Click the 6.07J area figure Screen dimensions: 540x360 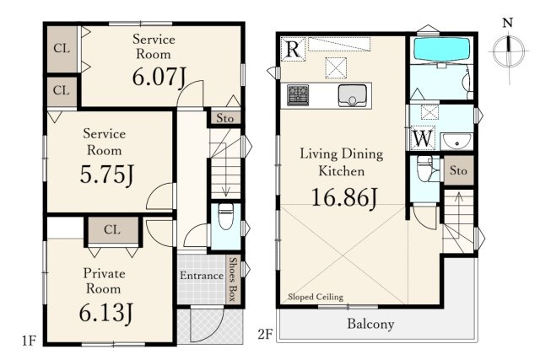point(159,77)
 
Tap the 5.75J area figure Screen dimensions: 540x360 point(107,175)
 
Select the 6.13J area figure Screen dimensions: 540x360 point(105,313)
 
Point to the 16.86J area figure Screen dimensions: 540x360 point(344,198)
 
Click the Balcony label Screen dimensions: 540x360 point(370,325)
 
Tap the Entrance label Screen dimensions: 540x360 point(202,276)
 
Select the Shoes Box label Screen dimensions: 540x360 point(234,279)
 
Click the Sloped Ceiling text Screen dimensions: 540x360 point(316,297)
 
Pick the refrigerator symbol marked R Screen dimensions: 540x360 point(293,49)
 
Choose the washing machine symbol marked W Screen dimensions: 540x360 point(423,138)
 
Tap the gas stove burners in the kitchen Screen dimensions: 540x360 point(298,95)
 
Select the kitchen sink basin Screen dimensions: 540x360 point(352,95)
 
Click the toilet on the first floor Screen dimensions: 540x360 point(226,216)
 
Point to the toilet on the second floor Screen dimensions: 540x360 point(424,169)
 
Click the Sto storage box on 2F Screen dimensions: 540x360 point(458,170)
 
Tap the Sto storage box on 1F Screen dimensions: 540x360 point(225,118)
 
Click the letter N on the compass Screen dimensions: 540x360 point(508,23)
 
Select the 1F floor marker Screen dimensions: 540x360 point(29,341)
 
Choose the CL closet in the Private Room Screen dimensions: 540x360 point(112,229)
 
